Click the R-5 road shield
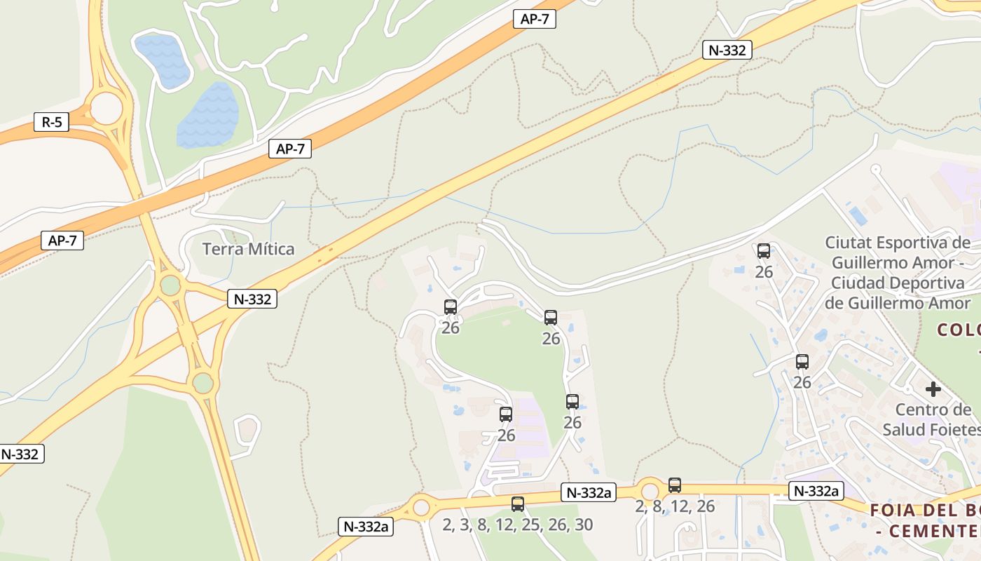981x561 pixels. (52, 122)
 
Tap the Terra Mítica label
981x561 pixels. (248, 249)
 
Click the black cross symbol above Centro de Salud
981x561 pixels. (933, 388)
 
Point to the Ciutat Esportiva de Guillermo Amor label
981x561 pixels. (898, 273)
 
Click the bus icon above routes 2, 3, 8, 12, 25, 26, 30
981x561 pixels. (518, 503)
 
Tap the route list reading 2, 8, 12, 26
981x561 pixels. (675, 506)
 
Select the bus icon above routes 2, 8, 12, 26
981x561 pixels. (675, 485)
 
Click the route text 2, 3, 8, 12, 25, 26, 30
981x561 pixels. (518, 525)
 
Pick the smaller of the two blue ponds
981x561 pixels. (163, 60)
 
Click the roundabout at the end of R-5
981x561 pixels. (106, 107)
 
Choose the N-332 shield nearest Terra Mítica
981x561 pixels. (252, 299)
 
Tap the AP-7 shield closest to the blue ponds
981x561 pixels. (289, 149)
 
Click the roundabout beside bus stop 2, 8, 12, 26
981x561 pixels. (650, 490)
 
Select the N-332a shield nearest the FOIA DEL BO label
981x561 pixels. (816, 491)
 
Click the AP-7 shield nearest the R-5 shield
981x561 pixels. (62, 241)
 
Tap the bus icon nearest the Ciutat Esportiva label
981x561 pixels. (764, 250)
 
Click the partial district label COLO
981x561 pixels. (959, 330)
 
